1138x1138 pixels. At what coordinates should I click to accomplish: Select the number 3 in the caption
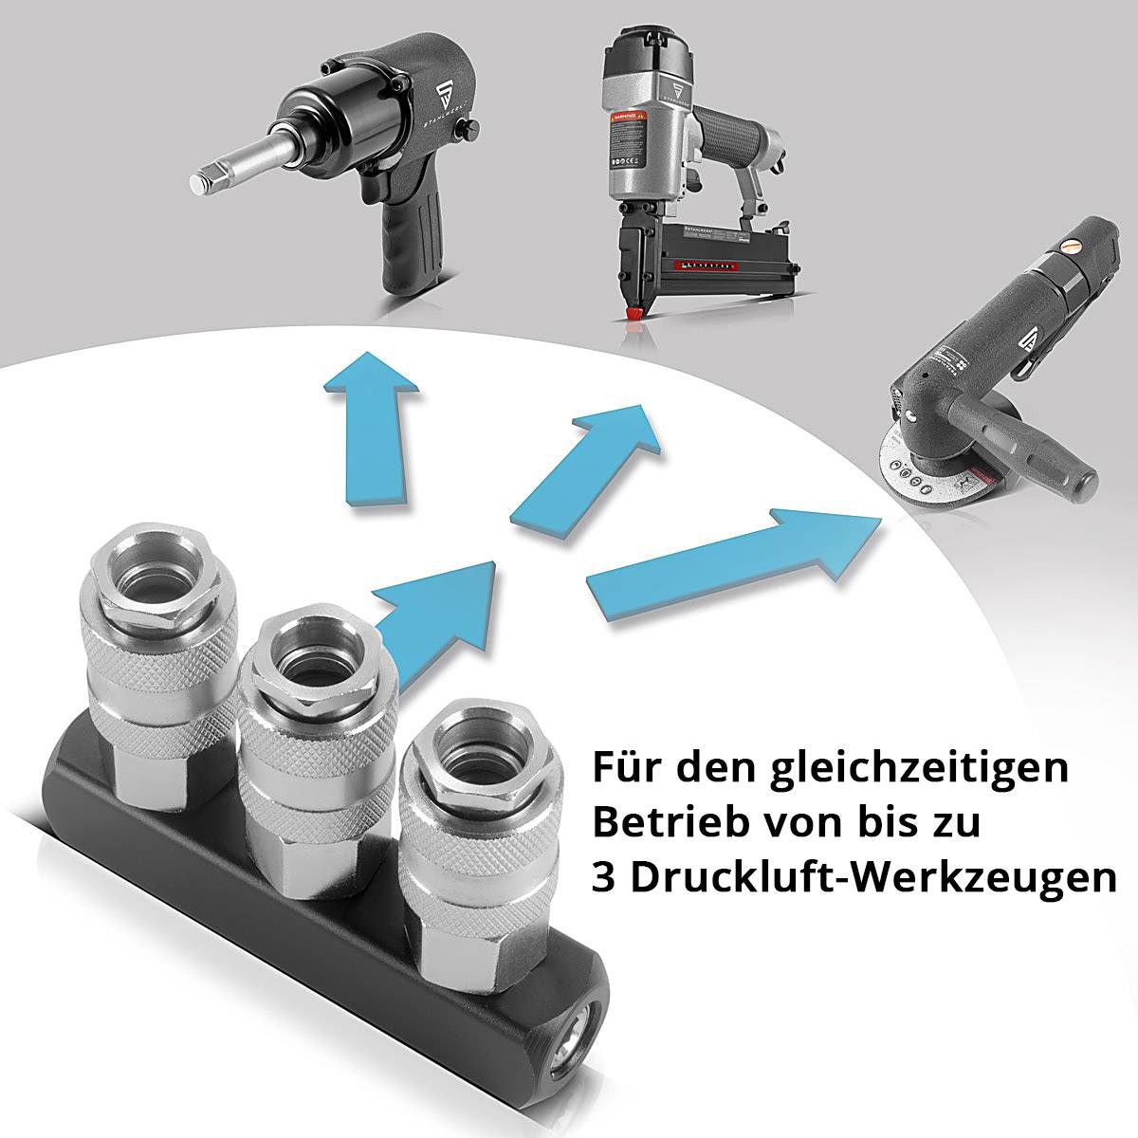coord(603,878)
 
